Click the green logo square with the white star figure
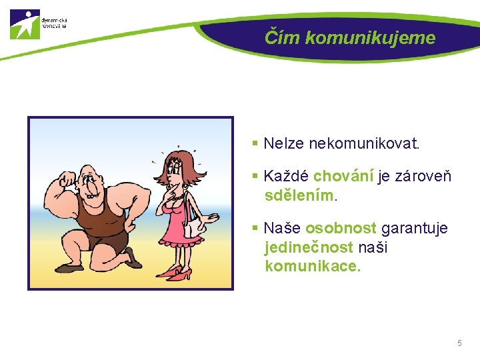[25, 24]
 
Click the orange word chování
[343, 177]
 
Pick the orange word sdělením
[300, 196]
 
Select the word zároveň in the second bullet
[423, 177]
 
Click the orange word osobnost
[341, 229]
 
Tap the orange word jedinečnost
[309, 248]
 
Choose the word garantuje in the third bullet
[414, 229]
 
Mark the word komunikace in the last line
[311, 267]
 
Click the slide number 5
[459, 343]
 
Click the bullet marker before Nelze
[255, 143]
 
